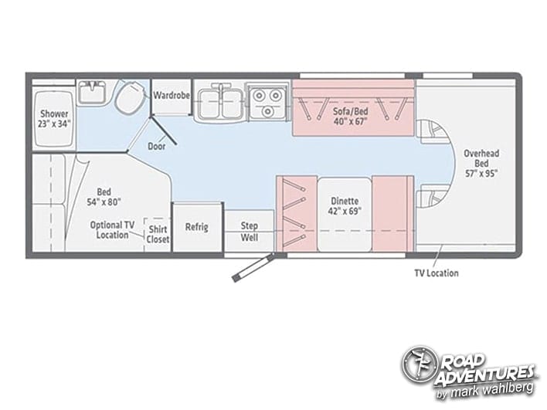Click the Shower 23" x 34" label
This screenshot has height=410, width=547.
[x=54, y=119]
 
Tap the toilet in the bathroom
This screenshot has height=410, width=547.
[x=129, y=94]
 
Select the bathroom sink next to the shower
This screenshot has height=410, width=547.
[x=91, y=92]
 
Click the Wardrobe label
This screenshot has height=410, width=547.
[x=172, y=95]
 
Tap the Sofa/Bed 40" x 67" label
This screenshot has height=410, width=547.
[x=351, y=117]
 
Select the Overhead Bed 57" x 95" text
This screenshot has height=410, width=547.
[x=481, y=164]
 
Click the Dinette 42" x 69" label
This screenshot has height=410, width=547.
[x=345, y=206]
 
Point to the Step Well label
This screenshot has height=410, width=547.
[x=250, y=232]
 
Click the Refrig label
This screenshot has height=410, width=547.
[x=197, y=227]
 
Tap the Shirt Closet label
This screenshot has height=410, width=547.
[x=158, y=234]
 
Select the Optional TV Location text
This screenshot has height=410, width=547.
[x=113, y=230]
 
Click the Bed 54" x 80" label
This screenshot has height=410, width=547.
[x=104, y=197]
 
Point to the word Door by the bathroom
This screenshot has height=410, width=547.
[x=157, y=146]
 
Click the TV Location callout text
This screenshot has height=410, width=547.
[x=437, y=273]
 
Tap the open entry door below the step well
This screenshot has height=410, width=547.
[x=252, y=268]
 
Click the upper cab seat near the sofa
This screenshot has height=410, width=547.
[x=433, y=132]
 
